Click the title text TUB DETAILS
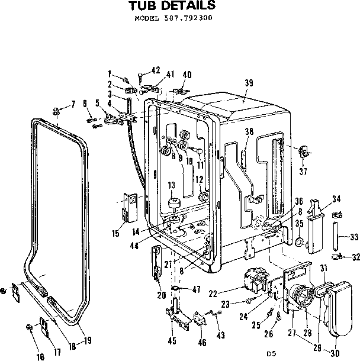point(172,7)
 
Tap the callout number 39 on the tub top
point(249,83)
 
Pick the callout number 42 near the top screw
point(156,70)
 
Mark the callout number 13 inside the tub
point(172,185)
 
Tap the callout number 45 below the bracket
point(172,340)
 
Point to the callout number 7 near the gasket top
point(73,105)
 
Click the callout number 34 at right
point(336,198)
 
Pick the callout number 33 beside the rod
point(355,237)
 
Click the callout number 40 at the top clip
point(187,75)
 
